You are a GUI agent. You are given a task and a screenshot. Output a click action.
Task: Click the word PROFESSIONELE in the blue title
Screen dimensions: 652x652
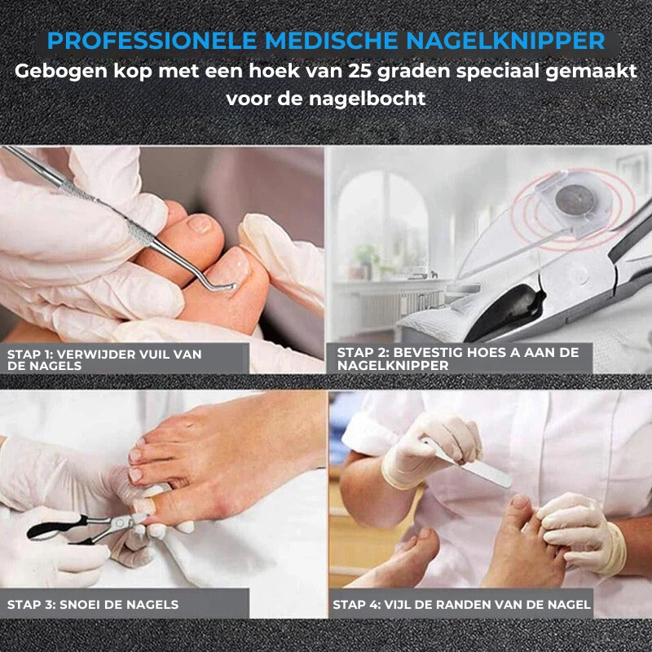pos(152,41)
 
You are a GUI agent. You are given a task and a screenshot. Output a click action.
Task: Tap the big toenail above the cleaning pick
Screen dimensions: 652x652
pos(200,225)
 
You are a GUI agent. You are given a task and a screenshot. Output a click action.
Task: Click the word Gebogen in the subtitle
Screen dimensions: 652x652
pos(61,72)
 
